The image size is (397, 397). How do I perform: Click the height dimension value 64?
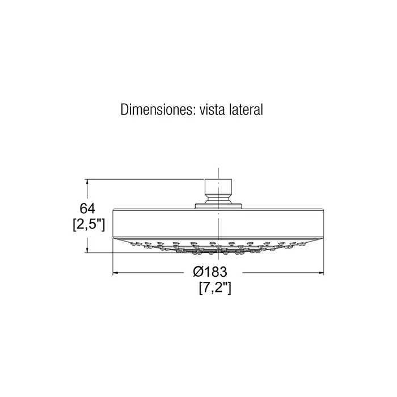pyautogui.click(x=87, y=209)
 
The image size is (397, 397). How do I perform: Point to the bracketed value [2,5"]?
pyautogui.click(x=88, y=225)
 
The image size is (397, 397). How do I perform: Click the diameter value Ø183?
pyautogui.click(x=210, y=272)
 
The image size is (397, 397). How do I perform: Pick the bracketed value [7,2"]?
pyautogui.click(x=215, y=288)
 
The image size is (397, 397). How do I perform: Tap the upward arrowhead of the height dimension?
pyautogui.click(x=87, y=182)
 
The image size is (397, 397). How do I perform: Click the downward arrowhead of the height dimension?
pyautogui.click(x=87, y=250)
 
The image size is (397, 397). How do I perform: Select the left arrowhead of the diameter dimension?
pyautogui.click(x=116, y=273)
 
